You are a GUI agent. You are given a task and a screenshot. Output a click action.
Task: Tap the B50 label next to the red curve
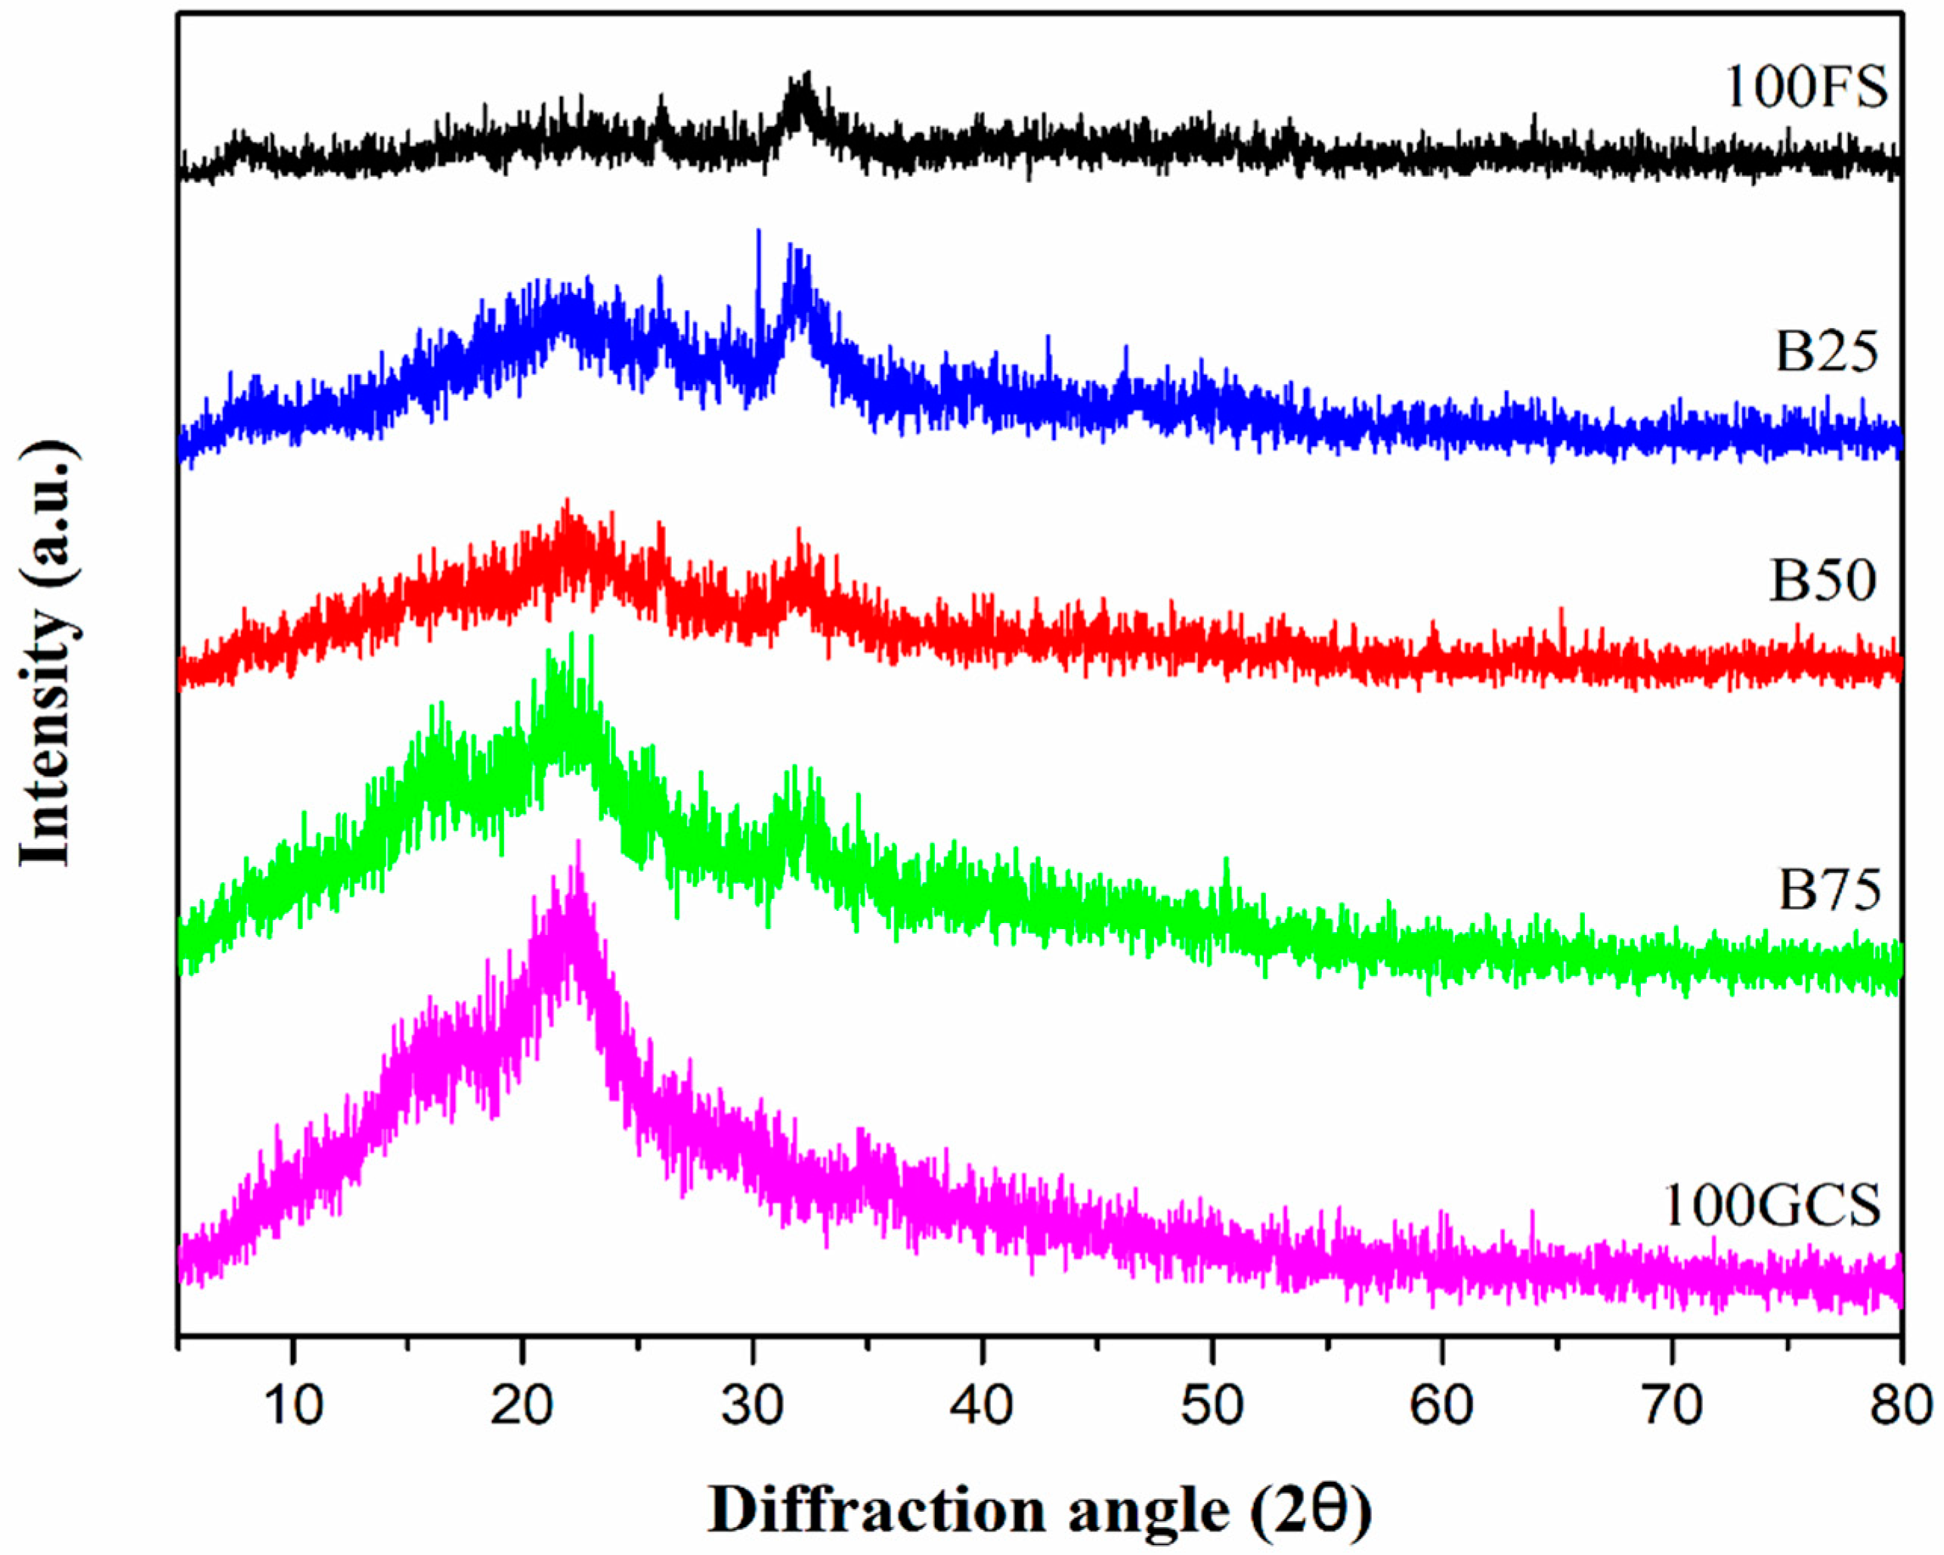pyautogui.click(x=1823, y=580)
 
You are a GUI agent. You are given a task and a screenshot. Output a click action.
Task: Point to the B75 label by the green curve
pyautogui.click(x=1829, y=891)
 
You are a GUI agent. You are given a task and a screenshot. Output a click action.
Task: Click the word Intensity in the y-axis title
pyautogui.click(x=45, y=739)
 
